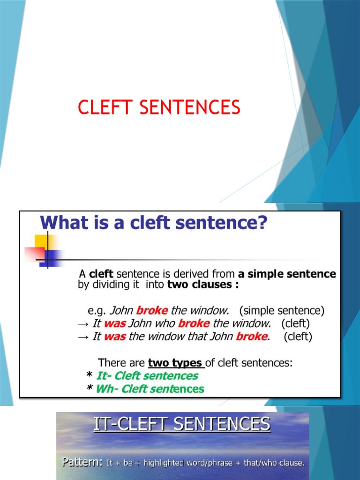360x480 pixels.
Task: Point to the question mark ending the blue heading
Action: (261, 222)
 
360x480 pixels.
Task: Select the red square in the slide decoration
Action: (34, 255)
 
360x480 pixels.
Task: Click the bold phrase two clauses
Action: (199, 285)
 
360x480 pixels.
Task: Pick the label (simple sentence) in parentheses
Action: (281, 310)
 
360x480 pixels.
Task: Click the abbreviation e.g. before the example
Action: (97, 310)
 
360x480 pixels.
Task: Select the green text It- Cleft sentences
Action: (147, 376)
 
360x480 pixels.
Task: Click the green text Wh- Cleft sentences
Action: (150, 389)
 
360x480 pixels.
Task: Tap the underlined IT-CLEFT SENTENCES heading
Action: (182, 425)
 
